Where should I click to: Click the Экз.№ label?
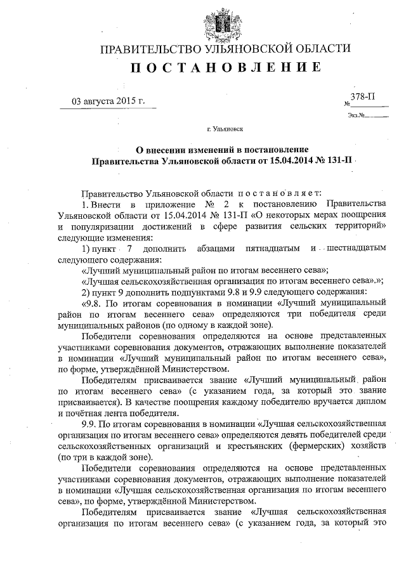tap(356, 115)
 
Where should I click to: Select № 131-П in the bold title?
tap(335, 161)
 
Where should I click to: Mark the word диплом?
tap(357, 401)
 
